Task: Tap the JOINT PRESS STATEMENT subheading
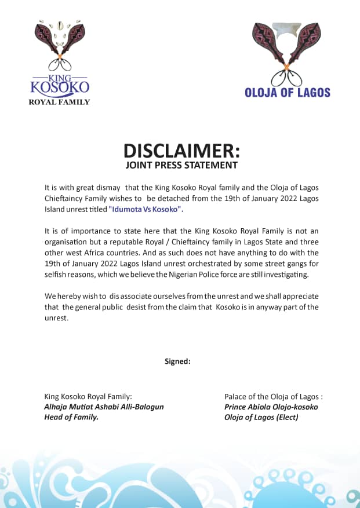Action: coord(181,165)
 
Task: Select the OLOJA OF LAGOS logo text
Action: coord(288,93)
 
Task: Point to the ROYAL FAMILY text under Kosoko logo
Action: coord(60,103)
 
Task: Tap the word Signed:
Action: coord(177,361)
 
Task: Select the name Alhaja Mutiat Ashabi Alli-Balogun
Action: coord(104,407)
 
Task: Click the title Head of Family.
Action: coord(71,416)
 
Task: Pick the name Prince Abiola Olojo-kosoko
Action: coord(271,407)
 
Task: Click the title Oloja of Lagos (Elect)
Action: coord(261,416)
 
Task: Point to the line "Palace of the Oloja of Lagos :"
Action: coord(273,397)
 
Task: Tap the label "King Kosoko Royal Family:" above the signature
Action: coord(88,397)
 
